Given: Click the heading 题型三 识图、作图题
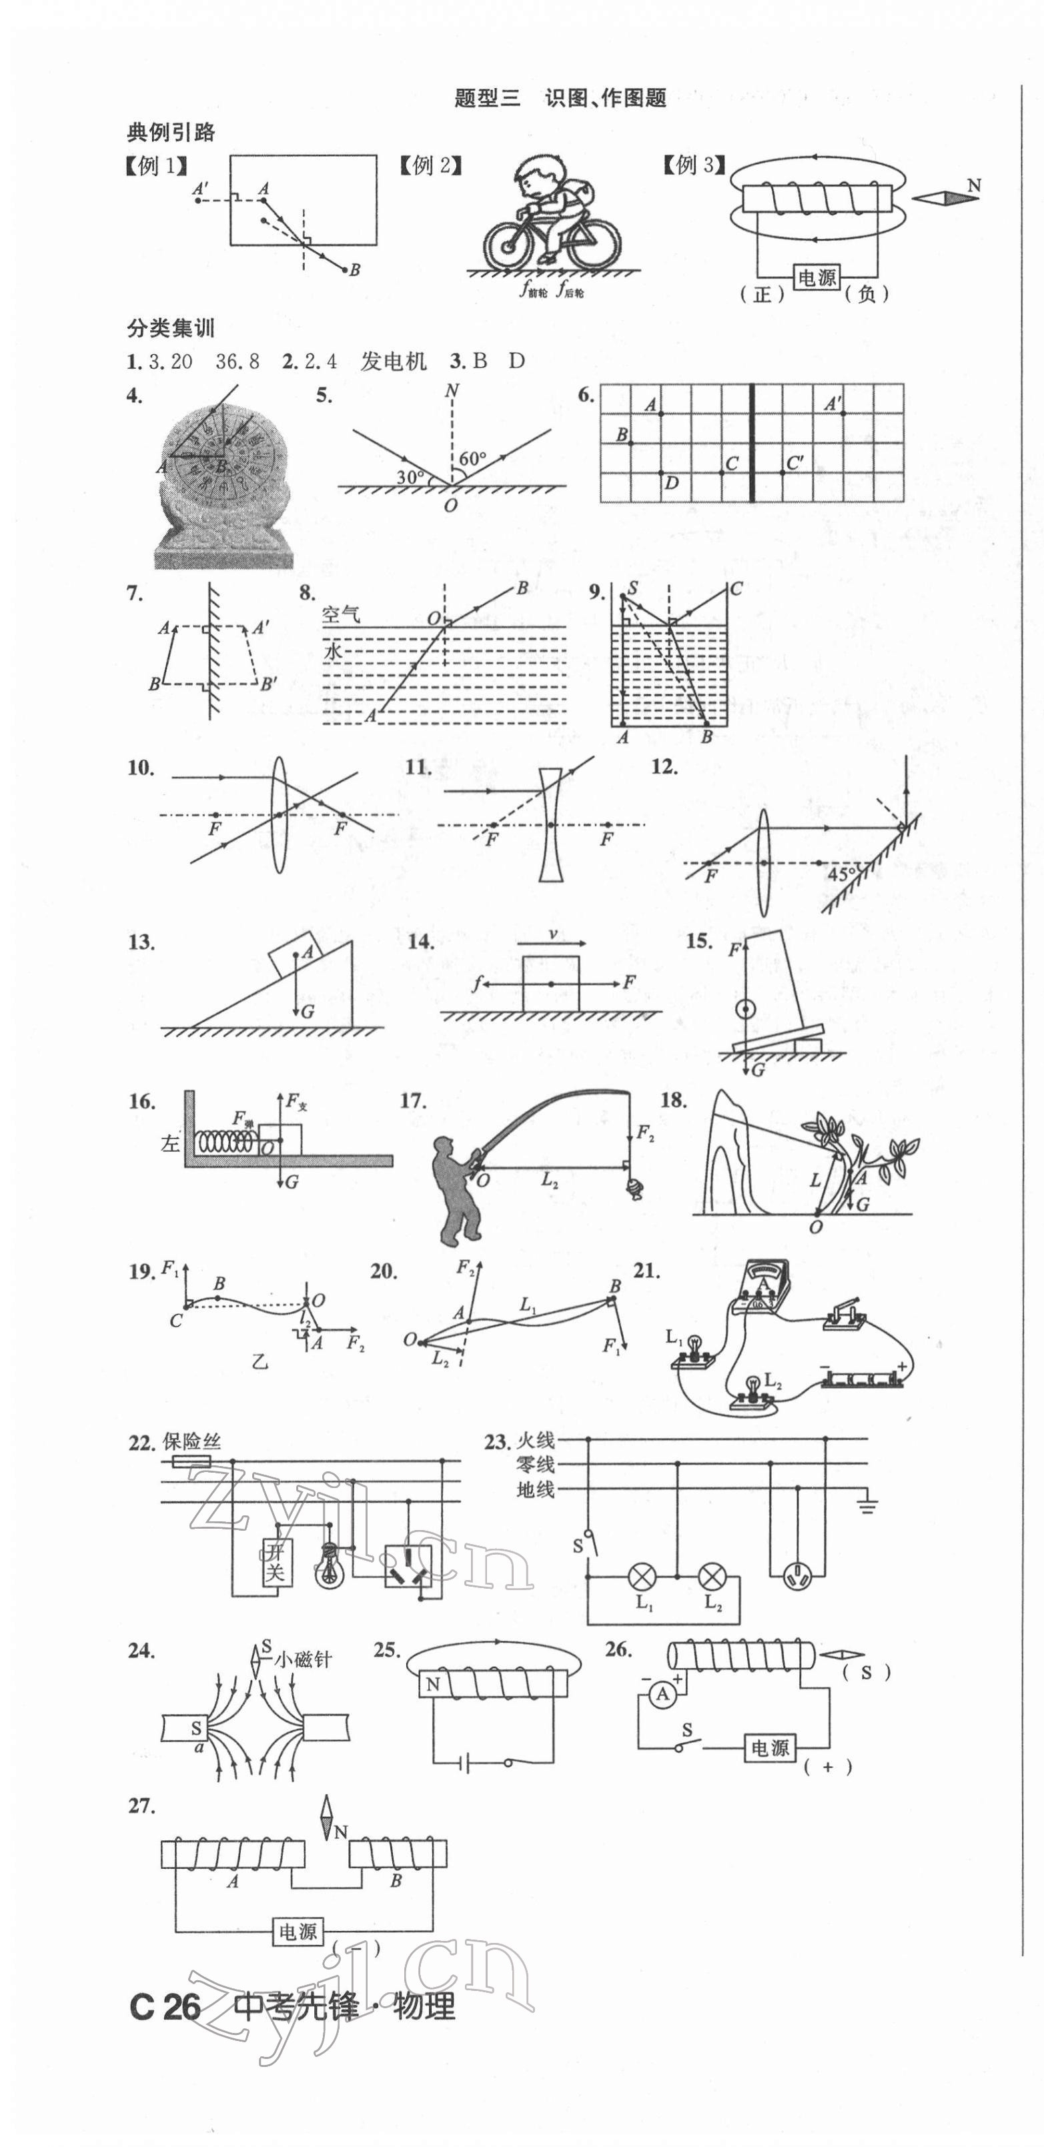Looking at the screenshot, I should click(560, 98).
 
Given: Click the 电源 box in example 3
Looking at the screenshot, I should click(817, 277).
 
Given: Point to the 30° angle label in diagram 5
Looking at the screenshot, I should click(410, 478).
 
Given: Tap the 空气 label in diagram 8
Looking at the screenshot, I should click(341, 615).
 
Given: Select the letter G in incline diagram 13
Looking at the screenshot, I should click(308, 1012).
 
